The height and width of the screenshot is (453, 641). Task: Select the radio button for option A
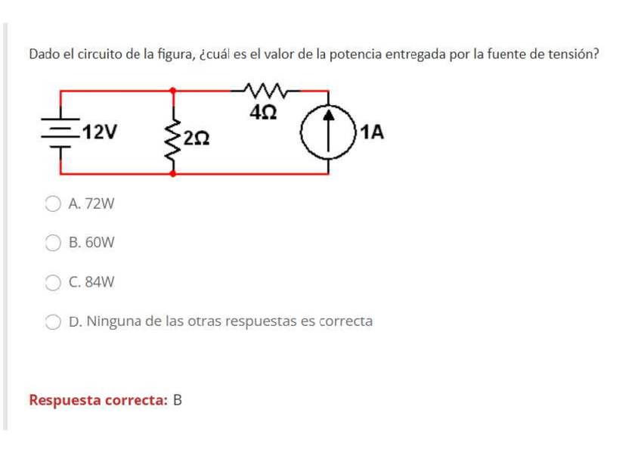click(x=52, y=203)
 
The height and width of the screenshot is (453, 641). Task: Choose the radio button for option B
click(x=52, y=243)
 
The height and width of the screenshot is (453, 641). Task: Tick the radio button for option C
click(x=52, y=282)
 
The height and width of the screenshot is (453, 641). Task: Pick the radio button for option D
click(x=52, y=321)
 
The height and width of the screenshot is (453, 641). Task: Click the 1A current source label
click(x=373, y=133)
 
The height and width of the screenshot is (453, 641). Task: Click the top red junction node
click(x=174, y=90)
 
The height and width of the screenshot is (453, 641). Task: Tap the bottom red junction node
click(x=174, y=173)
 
